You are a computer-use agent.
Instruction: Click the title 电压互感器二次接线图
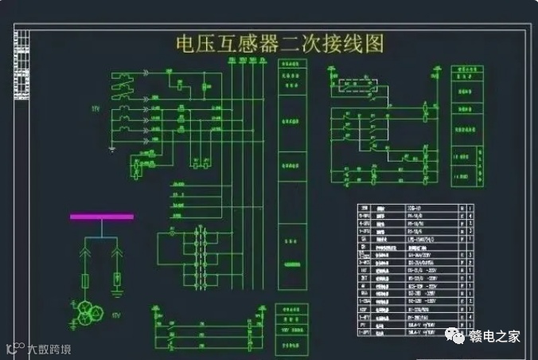pyautogui.click(x=279, y=43)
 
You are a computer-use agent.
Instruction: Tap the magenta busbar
pyautogui.click(x=101, y=217)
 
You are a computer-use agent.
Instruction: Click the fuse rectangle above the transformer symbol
pyautogui.click(x=86, y=280)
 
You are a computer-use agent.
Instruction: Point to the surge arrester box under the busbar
pyautogui.click(x=117, y=279)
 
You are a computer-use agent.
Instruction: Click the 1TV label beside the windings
pyautogui.click(x=96, y=108)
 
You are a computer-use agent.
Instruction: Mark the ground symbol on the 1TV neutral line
pyautogui.click(x=113, y=148)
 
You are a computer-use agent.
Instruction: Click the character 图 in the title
pyautogui.click(x=373, y=43)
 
